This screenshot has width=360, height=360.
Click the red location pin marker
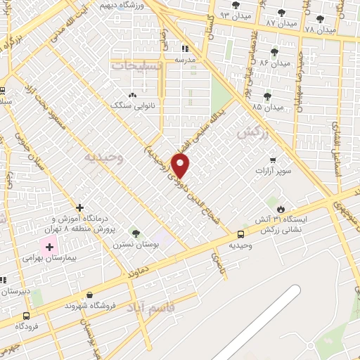click(181, 165)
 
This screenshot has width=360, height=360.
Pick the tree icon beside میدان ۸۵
click(266, 96)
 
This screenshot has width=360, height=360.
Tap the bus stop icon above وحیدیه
click(241, 234)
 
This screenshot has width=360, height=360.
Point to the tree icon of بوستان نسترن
click(136, 233)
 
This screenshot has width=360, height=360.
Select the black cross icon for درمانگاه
click(80, 207)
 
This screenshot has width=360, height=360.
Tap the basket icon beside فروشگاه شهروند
click(89, 295)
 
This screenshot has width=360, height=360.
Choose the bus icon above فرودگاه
click(27, 316)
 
